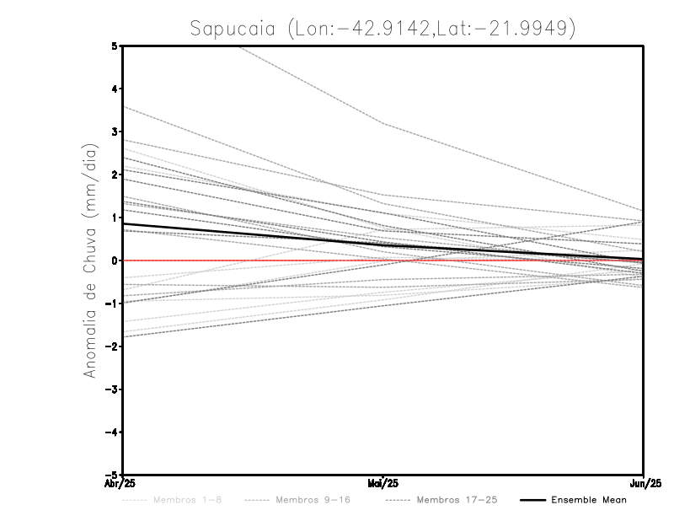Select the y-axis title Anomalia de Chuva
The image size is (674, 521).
point(90,260)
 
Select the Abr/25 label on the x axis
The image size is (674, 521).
point(122,483)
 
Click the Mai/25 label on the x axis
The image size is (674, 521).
point(383,483)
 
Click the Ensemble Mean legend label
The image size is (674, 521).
point(588,500)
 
